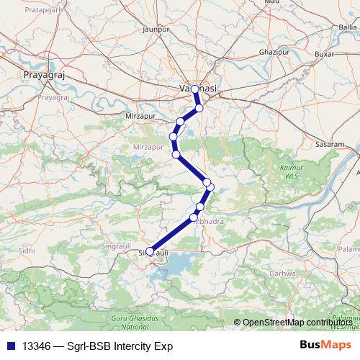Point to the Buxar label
325,53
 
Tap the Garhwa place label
279,274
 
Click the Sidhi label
27,250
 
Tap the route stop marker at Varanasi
194,89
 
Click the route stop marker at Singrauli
150,251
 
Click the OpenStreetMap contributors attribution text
297,322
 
